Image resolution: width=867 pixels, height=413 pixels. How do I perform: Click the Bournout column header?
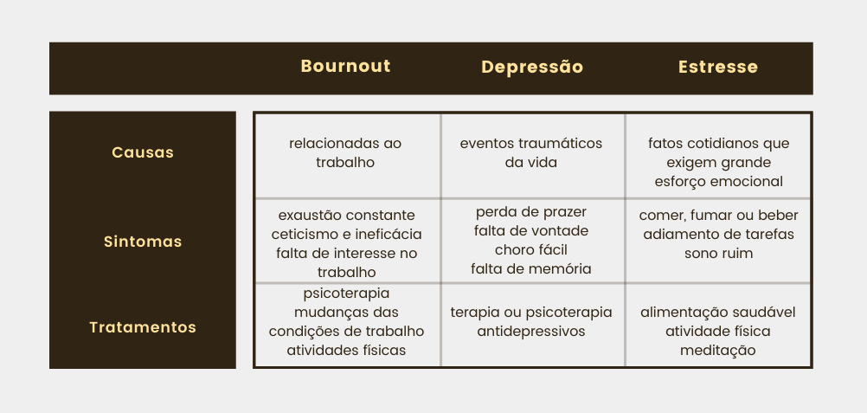click(345, 66)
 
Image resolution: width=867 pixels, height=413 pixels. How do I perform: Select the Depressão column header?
click(532, 67)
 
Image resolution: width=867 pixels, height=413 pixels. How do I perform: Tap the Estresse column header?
click(717, 67)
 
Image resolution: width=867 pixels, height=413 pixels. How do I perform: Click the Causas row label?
click(143, 152)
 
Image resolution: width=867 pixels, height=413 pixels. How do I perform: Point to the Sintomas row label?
click(143, 242)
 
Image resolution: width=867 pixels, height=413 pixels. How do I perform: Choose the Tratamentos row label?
click(143, 327)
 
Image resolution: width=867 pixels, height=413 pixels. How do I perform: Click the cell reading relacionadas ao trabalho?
click(345, 152)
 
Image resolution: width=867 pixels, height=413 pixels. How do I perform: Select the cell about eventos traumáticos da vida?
click(530, 152)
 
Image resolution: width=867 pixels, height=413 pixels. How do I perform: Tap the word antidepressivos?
click(530, 331)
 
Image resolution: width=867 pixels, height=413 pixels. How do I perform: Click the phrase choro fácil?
click(530, 249)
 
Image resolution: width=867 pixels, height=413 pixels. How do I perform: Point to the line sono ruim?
click(718, 253)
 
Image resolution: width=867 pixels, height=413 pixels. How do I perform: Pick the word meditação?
click(717, 351)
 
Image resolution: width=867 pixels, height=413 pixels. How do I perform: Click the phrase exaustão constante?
click(347, 215)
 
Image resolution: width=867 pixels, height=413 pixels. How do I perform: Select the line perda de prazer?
click(530, 212)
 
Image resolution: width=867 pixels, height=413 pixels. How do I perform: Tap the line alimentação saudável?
click(717, 313)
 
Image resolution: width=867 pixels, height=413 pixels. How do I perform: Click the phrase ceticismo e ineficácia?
click(347, 234)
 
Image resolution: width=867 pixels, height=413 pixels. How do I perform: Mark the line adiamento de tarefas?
click(718, 234)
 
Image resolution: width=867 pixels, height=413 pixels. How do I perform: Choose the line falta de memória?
click(530, 268)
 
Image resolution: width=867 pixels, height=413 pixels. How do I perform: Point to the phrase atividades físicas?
click(347, 350)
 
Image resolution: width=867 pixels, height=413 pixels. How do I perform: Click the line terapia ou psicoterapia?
click(530, 313)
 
